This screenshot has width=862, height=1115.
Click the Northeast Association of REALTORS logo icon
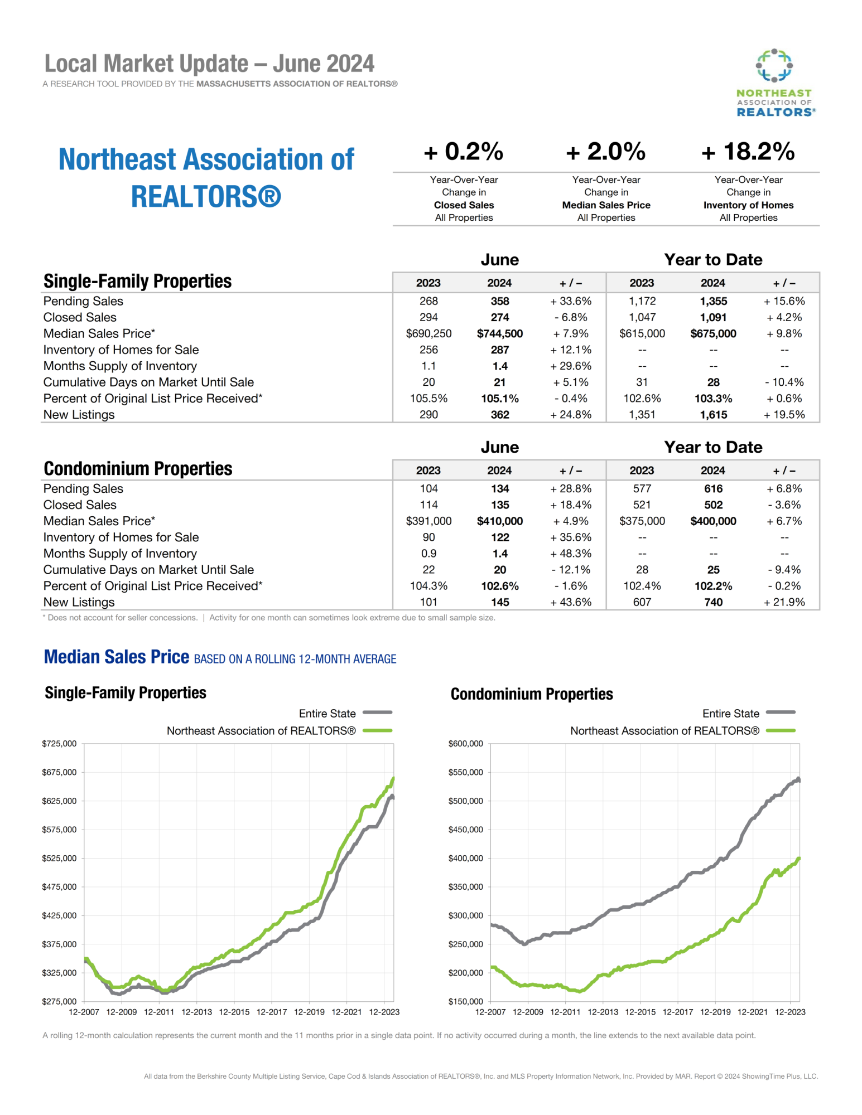pos(774,66)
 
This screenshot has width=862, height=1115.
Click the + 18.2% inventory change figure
pos(748,152)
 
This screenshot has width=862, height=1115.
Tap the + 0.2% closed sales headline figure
pos(464,152)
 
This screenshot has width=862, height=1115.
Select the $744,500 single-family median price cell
pos(499,334)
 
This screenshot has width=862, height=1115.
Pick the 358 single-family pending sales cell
pos(499,302)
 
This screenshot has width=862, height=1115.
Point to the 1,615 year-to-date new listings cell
pos(713,415)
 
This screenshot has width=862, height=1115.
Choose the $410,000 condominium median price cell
pos(499,521)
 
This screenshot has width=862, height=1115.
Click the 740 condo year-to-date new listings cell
pos(713,602)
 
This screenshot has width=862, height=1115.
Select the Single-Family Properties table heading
pos(137,282)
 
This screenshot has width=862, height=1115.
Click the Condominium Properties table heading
pos(138,469)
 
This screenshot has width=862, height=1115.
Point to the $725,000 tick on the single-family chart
pos(59,744)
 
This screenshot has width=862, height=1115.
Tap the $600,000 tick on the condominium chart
pos(465,744)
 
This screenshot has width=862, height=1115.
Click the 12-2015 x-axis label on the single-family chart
pos(234,1012)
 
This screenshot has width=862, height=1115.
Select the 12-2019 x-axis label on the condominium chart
pos(715,1012)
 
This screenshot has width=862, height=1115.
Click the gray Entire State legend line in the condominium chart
pos(781,712)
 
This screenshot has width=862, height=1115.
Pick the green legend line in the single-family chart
pos(377,730)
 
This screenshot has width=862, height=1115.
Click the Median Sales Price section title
pos(116,657)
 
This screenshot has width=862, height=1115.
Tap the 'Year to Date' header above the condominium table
pos(713,447)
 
